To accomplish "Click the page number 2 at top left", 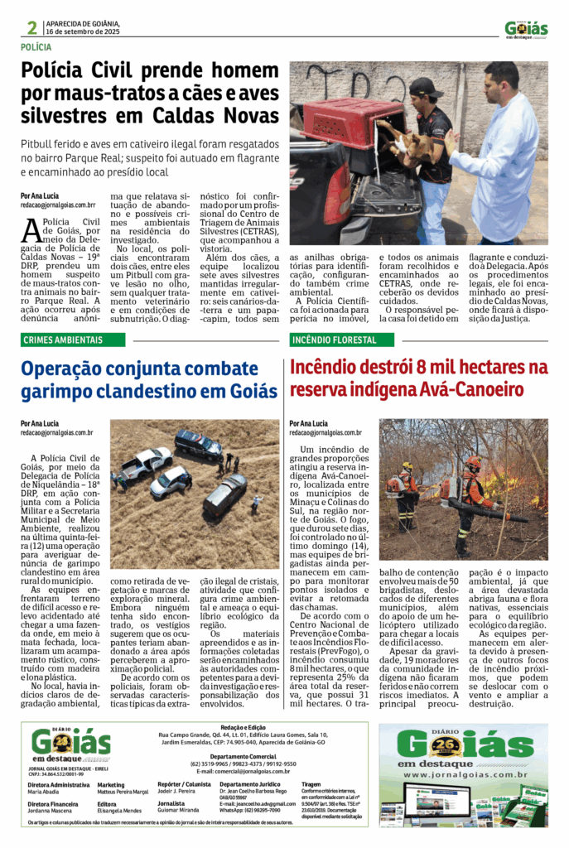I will (x=31, y=27).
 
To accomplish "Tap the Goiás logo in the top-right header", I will (x=526, y=29).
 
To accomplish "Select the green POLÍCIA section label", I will (x=36, y=48).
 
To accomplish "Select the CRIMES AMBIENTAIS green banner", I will (x=63, y=340).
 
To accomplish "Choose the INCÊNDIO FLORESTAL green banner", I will (x=333, y=340).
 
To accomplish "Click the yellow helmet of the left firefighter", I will (x=407, y=466).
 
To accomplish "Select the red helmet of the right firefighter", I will (x=473, y=462).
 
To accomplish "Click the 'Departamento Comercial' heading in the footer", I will (x=243, y=756).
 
